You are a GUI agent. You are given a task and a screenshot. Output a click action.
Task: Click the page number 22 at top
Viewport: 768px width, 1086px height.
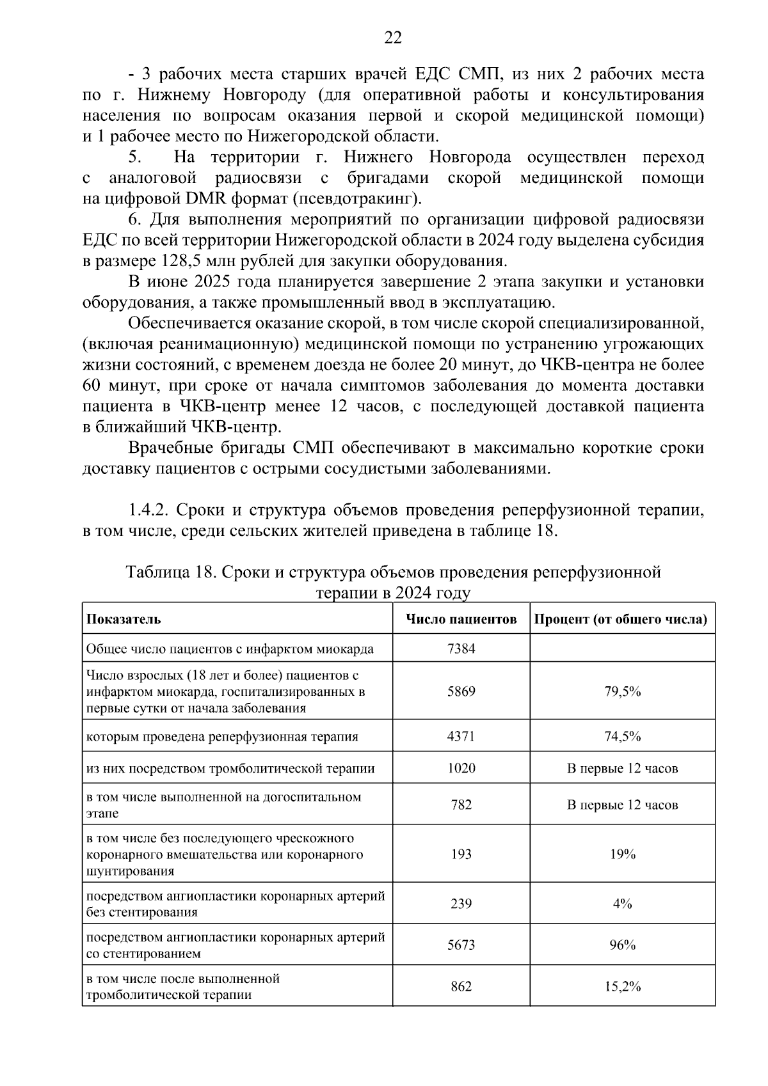392,38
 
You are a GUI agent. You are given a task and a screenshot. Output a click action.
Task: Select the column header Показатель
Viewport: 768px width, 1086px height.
124,619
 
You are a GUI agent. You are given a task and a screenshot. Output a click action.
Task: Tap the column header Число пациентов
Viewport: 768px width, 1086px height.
461,619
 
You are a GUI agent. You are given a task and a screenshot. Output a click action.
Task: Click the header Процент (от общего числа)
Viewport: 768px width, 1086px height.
621,619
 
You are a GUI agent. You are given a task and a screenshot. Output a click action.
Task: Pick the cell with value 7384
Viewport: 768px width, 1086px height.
461,649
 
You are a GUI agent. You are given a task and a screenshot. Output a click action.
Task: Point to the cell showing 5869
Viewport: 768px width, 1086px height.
461,691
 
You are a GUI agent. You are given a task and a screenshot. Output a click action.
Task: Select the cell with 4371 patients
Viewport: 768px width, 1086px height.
461,736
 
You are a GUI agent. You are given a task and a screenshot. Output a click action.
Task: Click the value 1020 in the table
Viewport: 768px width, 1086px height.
461,768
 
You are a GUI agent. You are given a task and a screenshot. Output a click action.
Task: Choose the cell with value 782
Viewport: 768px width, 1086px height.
461,805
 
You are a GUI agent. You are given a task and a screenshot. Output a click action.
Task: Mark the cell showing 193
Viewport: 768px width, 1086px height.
461,854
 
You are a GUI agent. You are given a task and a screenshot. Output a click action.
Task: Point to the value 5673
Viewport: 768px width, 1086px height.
461,945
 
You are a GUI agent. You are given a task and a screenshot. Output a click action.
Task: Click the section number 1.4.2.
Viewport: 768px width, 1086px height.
148,510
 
